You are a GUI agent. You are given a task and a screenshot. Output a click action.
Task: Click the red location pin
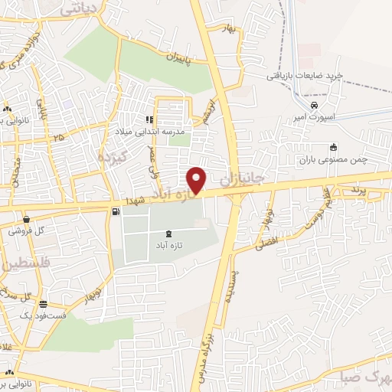coord(198,179)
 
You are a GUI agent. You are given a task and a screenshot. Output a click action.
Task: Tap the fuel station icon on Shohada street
coord(115,211)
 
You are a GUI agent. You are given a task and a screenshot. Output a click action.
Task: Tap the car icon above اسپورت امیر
coord(314,106)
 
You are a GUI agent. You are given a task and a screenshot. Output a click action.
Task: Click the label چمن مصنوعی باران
coord(333,161)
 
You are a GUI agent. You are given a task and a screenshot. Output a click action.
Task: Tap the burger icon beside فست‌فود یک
coord(44,304)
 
